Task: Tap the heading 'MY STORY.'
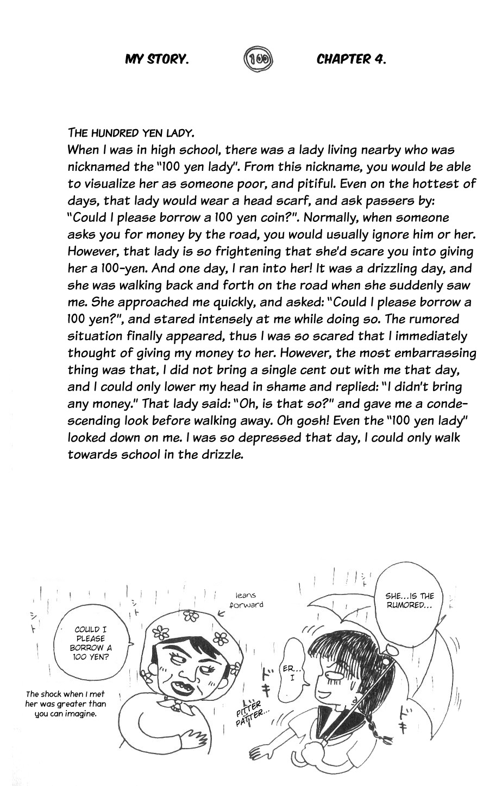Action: click(157, 59)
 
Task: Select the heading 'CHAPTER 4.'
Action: click(352, 59)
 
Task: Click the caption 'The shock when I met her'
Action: click(65, 704)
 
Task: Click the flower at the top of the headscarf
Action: click(191, 615)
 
